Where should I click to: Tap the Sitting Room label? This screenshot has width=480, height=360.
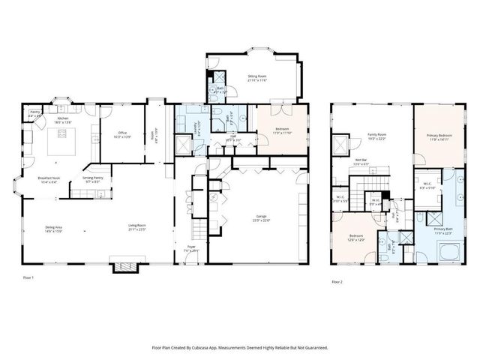257,78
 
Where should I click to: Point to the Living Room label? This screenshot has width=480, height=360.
136,227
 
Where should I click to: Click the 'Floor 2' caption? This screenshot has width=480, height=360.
337,282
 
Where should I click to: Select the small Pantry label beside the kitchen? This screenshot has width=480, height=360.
34,115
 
